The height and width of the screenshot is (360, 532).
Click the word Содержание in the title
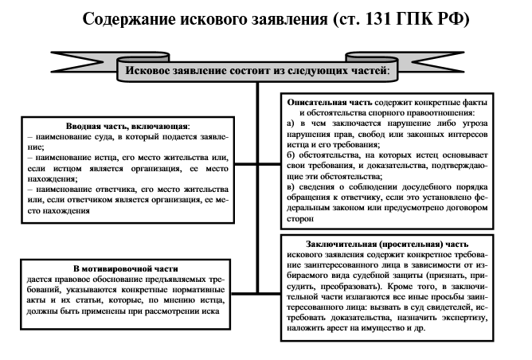(133, 18)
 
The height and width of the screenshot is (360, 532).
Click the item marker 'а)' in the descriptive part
(290, 125)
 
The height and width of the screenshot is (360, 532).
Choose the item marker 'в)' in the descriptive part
(290, 187)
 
